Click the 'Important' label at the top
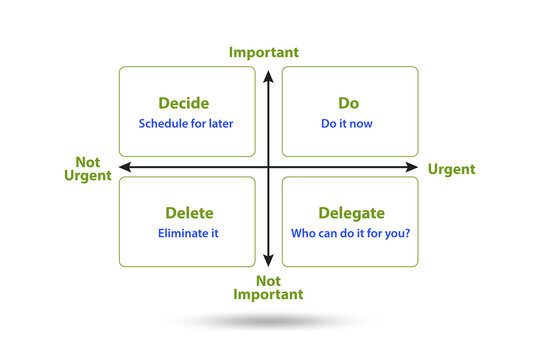tap(264, 52)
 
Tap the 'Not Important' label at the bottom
tap(268, 287)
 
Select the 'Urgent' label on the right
tap(451, 169)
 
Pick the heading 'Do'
tap(349, 103)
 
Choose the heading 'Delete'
tap(187, 213)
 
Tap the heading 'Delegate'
tap(351, 213)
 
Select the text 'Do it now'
tap(349, 125)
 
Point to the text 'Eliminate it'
tap(188, 234)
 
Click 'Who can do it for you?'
tap(351, 234)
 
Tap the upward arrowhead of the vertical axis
tap(268, 75)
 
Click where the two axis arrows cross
tap(268, 167)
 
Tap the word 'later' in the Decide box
tap(222, 125)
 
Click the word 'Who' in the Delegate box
tap(302, 234)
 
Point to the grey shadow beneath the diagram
tap(268, 322)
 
